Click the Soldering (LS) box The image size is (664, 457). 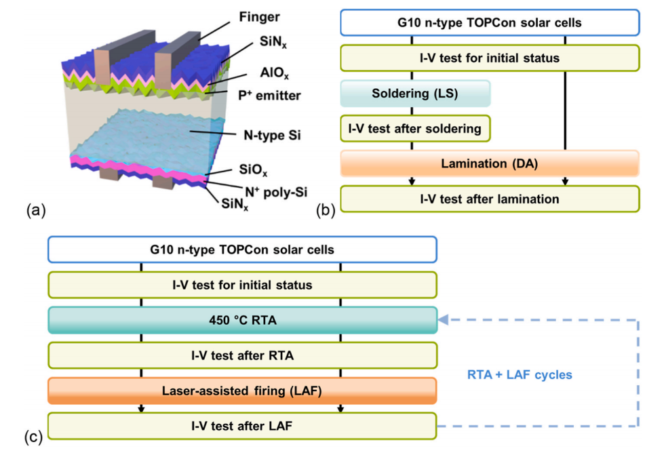coord(414,94)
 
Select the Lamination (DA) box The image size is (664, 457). coord(489,163)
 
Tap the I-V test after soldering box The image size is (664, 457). coord(414,128)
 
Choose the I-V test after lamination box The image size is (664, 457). coord(489,199)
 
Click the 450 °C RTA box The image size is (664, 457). coord(241,320)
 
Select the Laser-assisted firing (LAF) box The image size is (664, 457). coord(241,391)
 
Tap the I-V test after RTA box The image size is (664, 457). coord(241,355)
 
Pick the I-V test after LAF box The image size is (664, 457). coord(241,426)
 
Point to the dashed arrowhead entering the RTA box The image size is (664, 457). coord(442,320)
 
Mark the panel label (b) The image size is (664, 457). coord(327,210)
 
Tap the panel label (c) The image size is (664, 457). coord(35,437)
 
